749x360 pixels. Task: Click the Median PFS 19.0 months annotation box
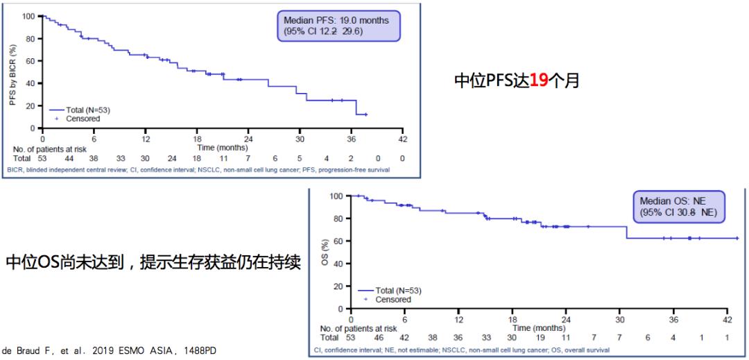336,26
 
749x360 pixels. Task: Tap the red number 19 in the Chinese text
539,81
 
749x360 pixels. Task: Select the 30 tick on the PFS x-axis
300,139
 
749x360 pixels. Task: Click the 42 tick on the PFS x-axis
402,139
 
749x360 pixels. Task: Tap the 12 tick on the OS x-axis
458,319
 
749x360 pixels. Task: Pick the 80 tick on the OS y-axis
339,218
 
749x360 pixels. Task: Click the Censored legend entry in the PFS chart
81,119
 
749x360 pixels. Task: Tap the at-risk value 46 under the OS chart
379,338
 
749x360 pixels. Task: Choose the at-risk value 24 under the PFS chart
171,158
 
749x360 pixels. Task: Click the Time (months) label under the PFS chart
222,148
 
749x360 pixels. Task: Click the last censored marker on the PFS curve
365,114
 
